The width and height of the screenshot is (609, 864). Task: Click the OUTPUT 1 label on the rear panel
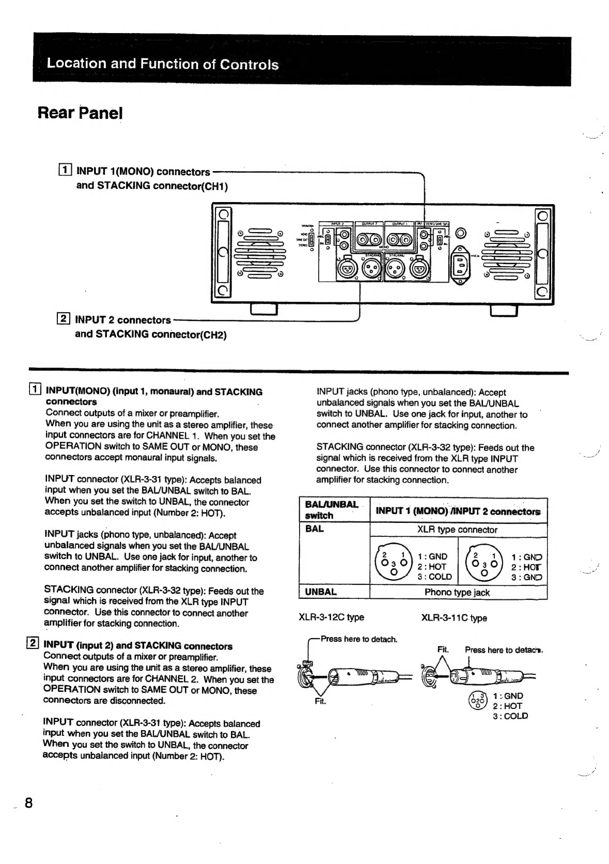click(401, 224)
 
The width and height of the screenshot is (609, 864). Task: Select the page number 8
click(28, 803)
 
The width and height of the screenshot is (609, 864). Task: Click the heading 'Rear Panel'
click(80, 113)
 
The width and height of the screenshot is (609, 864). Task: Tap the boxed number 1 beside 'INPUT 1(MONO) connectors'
click(65, 171)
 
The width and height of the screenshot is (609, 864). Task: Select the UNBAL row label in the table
click(321, 592)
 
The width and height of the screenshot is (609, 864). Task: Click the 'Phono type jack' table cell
click(457, 592)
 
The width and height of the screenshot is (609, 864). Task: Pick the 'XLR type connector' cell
click(457, 530)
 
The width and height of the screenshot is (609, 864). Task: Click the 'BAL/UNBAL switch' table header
click(331, 510)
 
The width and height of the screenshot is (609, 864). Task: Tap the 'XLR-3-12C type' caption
click(331, 617)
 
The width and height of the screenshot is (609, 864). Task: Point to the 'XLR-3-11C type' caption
click(454, 618)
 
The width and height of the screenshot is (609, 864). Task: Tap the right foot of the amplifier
click(504, 310)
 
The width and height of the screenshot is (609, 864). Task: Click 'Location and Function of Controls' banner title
click(162, 64)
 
